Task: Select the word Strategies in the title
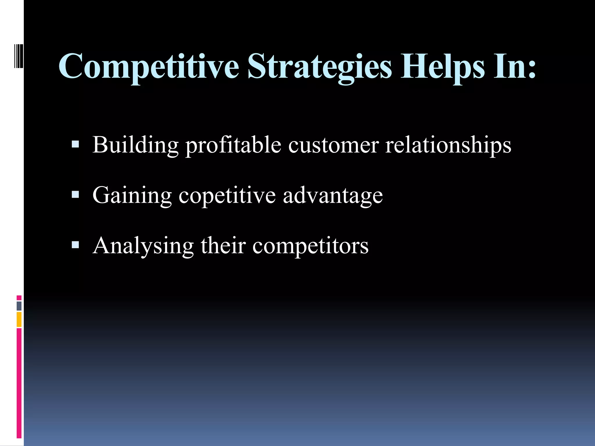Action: click(320, 67)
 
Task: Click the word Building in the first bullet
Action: click(135, 145)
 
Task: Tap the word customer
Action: click(334, 145)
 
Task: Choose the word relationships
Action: click(448, 145)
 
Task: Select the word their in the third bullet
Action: click(223, 246)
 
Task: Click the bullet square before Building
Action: click(75, 144)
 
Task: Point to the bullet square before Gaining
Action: click(75, 194)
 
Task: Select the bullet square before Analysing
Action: click(75, 245)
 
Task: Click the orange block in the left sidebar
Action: click(19, 319)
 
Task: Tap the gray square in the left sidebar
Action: click(19, 306)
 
